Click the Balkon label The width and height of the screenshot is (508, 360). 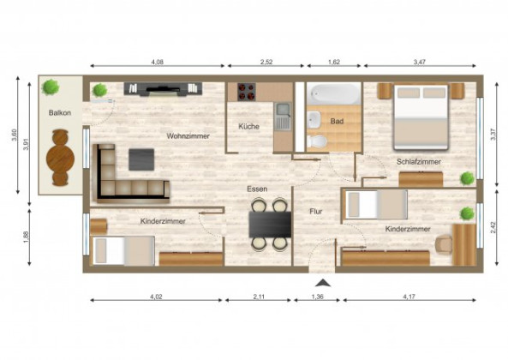[x=59, y=113]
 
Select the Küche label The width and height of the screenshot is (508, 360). [x=249, y=127]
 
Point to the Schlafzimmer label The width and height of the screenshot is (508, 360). [x=419, y=161]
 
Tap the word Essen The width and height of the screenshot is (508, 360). [x=256, y=188]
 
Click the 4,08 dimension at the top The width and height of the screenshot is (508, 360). [x=157, y=63]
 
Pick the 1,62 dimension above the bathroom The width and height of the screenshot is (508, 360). [x=333, y=63]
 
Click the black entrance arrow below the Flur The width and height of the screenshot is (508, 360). [x=321, y=282]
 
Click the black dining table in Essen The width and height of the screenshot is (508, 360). [x=269, y=224]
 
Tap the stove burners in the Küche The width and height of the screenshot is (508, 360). [x=247, y=92]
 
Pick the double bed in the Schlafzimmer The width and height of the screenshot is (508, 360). [x=421, y=116]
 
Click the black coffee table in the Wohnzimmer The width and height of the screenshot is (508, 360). [x=141, y=159]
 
